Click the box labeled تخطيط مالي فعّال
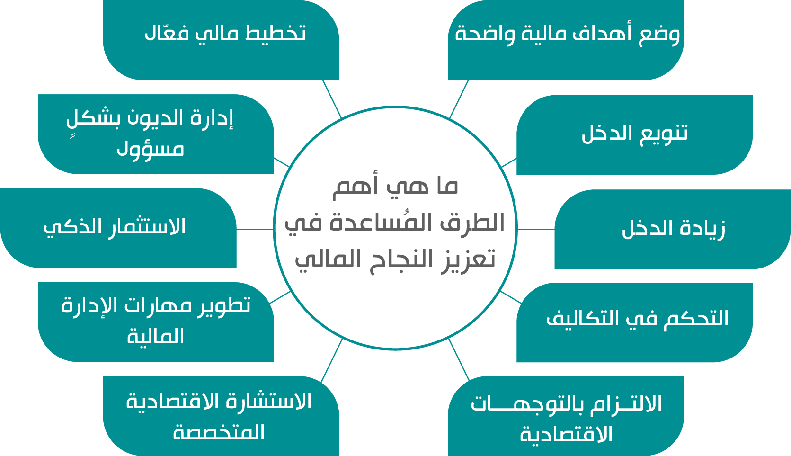pos(221,40)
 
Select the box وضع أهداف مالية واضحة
pos(566,40)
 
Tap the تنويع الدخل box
pos(635,134)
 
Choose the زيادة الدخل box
pos(673,229)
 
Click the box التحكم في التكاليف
pos(635,322)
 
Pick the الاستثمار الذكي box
pos(118,228)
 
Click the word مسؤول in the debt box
pos(151,150)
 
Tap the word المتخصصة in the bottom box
pos(219,432)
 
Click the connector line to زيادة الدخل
pos(536,229)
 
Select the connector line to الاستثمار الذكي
pos(255,229)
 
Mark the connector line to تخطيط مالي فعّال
pos(332,99)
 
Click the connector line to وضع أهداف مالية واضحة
pos(459,99)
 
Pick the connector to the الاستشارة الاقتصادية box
pos(331,360)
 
